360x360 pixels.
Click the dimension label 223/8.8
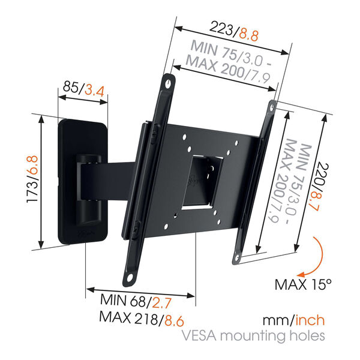[234, 31]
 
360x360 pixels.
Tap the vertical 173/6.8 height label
[32, 179]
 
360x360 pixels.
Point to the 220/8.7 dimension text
[320, 187]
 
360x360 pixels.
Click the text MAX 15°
[303, 284]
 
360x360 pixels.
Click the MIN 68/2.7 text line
[136, 301]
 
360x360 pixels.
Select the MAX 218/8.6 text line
[142, 319]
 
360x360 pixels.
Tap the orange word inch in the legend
[310, 320]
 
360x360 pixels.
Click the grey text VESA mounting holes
[253, 336]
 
